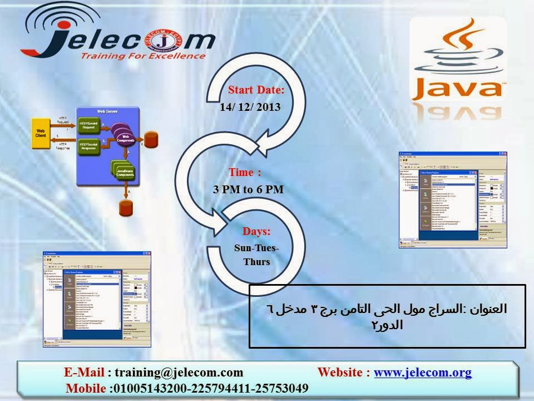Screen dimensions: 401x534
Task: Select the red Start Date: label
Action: click(x=256, y=90)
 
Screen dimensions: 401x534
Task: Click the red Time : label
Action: click(x=245, y=172)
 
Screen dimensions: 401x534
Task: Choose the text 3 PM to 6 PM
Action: click(x=248, y=189)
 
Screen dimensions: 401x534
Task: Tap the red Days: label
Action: click(x=256, y=231)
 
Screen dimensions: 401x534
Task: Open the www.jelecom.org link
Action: click(x=423, y=373)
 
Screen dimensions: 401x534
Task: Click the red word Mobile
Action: click(x=85, y=388)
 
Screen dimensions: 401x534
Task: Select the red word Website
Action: click(x=340, y=373)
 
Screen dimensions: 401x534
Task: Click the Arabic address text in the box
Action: click(x=385, y=316)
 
